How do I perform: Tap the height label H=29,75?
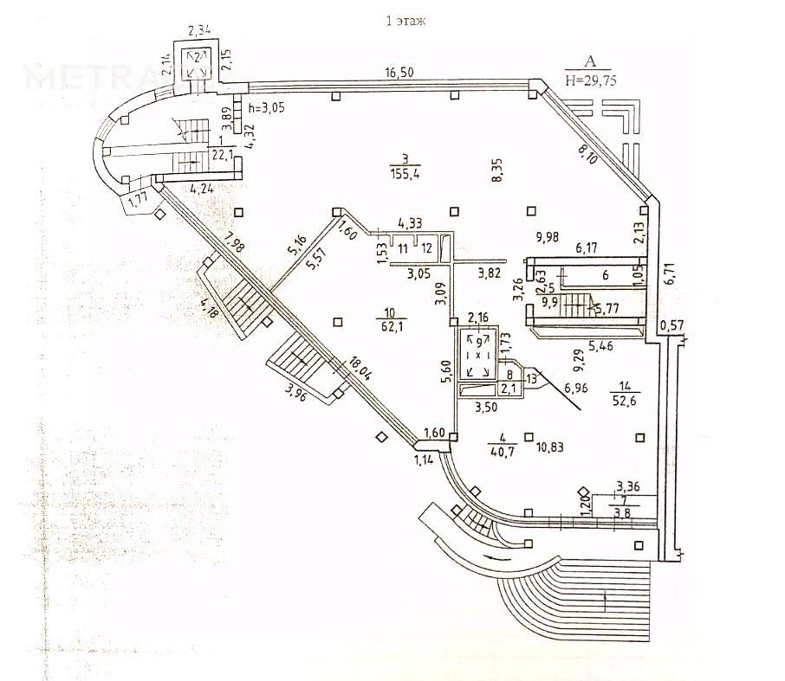591,78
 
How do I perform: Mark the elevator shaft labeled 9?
477,348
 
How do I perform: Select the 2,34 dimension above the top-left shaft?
199,31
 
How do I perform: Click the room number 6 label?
606,274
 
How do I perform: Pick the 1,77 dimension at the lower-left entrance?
138,202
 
